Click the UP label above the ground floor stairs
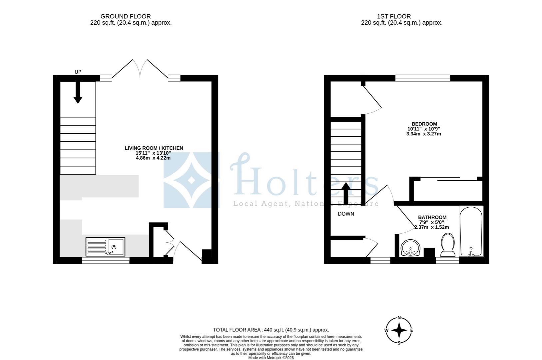(x=78, y=72)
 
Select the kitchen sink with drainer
(x=105, y=247)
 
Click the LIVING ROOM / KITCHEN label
(x=154, y=148)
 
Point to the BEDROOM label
(x=424, y=124)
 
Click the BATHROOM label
(x=432, y=217)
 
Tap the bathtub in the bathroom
(x=471, y=231)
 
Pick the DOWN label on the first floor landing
(x=346, y=214)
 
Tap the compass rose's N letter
(x=399, y=318)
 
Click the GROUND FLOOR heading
(x=126, y=16)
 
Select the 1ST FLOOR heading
(x=394, y=16)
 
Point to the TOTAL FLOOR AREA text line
(x=271, y=330)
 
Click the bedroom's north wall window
(x=422, y=78)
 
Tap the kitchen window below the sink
(x=106, y=261)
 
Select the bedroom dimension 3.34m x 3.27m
(x=423, y=134)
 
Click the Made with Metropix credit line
(x=271, y=358)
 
